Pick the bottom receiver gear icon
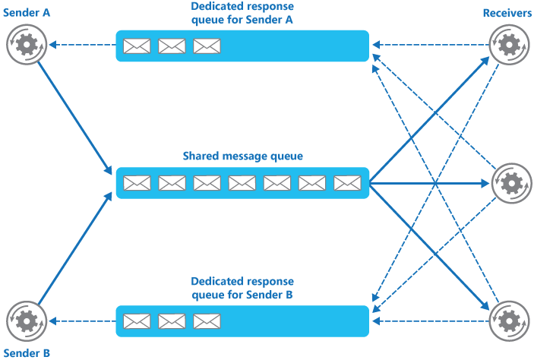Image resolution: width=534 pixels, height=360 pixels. [x=507, y=321]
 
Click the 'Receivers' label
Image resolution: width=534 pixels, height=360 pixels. [x=507, y=14]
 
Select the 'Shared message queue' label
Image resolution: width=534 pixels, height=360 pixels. [x=242, y=156]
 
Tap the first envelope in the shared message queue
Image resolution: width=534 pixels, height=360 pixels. [x=137, y=183]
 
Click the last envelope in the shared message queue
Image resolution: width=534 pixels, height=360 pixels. [x=347, y=183]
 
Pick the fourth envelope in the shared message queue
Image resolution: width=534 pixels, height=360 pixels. [x=242, y=183]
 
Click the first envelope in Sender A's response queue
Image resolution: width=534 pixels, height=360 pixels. [x=137, y=46]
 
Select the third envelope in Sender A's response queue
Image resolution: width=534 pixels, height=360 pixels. [x=207, y=46]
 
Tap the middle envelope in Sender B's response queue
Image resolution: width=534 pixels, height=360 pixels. [x=172, y=321]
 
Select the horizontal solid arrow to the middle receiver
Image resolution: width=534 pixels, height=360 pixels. [x=429, y=183]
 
